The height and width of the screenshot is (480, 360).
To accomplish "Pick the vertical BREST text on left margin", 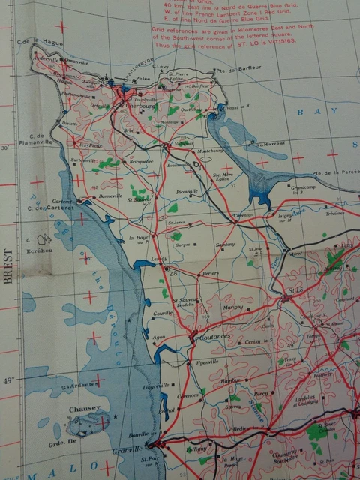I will coord(8,266).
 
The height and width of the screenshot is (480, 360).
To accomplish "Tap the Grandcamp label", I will coord(303,188).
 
